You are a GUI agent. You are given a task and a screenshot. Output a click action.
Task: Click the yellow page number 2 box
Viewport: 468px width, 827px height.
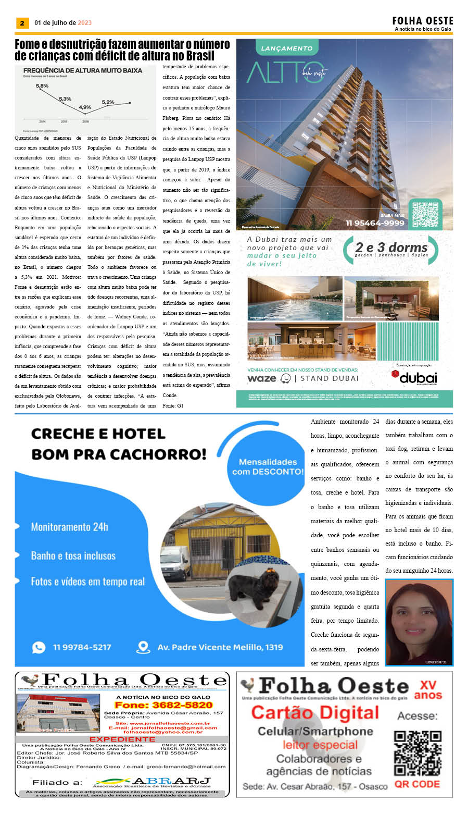tap(22, 23)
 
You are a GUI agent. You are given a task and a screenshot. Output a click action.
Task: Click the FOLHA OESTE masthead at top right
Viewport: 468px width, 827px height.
tap(422, 21)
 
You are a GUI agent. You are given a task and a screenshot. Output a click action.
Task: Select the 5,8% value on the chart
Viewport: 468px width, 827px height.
tap(42, 86)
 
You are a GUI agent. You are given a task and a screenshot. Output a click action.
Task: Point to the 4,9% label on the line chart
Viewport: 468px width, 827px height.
tap(85, 107)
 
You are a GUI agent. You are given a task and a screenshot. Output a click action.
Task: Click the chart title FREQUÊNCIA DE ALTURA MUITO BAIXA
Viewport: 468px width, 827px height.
tap(82, 70)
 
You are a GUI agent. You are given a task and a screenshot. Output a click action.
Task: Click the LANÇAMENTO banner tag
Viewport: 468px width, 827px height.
tap(286, 48)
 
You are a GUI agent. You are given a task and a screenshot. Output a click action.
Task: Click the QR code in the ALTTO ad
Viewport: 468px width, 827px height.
tap(425, 213)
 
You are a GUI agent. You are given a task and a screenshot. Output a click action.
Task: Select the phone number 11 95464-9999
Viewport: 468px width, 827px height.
tap(375, 223)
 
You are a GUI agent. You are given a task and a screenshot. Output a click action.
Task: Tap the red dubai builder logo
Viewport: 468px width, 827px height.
tap(414, 377)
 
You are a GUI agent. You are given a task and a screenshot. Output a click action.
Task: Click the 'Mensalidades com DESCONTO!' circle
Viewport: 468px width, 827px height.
tap(268, 466)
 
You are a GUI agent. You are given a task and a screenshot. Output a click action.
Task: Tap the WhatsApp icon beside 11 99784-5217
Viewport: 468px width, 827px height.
tap(39, 647)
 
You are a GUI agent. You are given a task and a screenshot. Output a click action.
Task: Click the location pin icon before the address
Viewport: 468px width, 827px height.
tap(143, 647)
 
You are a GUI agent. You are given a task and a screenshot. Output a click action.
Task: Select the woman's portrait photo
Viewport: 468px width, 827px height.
tap(419, 622)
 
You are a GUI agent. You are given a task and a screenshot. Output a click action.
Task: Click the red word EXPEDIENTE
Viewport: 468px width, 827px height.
tap(122, 739)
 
